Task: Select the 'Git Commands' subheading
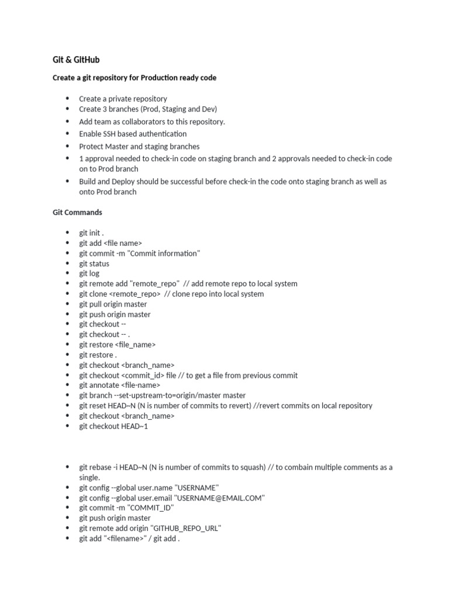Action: pyautogui.click(x=77, y=213)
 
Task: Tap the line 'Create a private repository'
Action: pyautogui.click(x=123, y=99)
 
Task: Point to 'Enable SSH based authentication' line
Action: pyautogui.click(x=133, y=134)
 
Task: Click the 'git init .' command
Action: pyautogui.click(x=92, y=232)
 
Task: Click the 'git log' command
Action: pyautogui.click(x=89, y=273)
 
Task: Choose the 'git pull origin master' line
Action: pyautogui.click(x=113, y=304)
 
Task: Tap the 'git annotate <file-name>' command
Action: pyautogui.click(x=119, y=385)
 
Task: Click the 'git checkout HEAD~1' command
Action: pyautogui.click(x=109, y=426)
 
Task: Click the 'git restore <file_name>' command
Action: pyautogui.click(x=118, y=345)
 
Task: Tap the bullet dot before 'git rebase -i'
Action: pyautogui.click(x=67, y=467)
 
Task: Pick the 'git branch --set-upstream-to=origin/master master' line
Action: pyautogui.click(x=163, y=395)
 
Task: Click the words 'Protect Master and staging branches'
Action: pyautogui.click(x=139, y=146)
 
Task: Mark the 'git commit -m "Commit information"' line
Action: pyautogui.click(x=140, y=253)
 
